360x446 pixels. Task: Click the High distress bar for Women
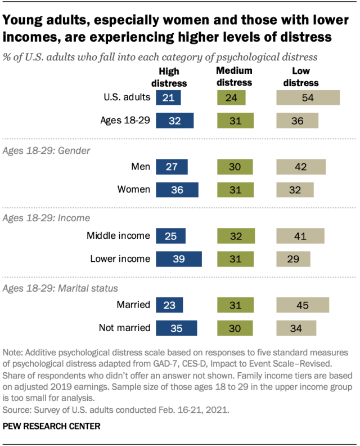pyautogui.click(x=177, y=190)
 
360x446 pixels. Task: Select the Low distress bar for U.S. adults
pyautogui.click(x=308, y=97)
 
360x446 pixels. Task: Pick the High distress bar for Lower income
pyautogui.click(x=178, y=259)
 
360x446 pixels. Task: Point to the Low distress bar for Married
pyautogui.click(x=303, y=305)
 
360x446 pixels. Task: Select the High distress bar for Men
pyautogui.click(x=172, y=167)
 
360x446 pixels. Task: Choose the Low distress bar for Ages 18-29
pyautogui.click(x=297, y=121)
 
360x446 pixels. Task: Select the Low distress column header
pyautogui.click(x=305, y=77)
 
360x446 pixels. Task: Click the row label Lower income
pyautogui.click(x=120, y=259)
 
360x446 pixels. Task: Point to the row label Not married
pyautogui.click(x=125, y=328)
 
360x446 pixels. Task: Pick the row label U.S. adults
pyautogui.click(x=127, y=97)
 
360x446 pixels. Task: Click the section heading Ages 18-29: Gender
pyautogui.click(x=40, y=151)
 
